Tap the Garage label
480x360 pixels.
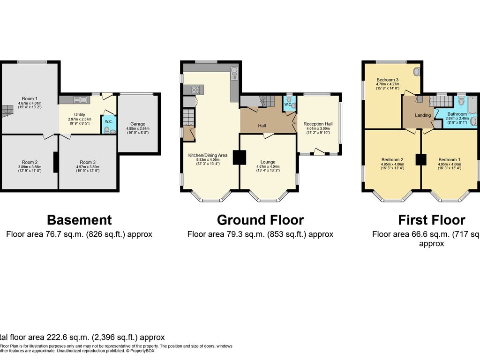(138, 124)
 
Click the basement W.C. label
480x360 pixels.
(109, 121)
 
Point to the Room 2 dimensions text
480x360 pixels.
(30, 169)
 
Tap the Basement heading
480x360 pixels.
(79, 220)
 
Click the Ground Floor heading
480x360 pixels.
(260, 220)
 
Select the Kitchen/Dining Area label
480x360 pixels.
(208, 155)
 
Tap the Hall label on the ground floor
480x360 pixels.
(262, 126)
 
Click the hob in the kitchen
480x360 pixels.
(195, 89)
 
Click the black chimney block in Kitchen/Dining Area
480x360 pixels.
(240, 157)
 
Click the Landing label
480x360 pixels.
(423, 115)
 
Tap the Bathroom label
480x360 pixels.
(457, 114)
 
